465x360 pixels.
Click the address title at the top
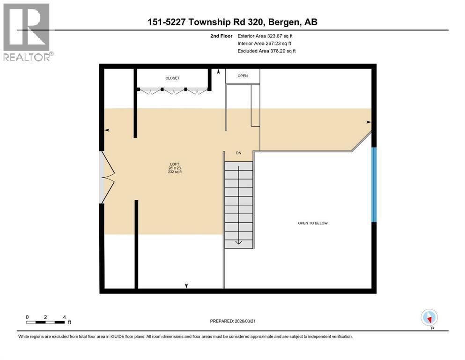(232, 22)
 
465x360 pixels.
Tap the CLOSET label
(172, 78)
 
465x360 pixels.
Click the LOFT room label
(174, 164)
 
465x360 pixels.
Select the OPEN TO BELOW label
(313, 223)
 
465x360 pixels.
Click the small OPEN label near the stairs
(243, 76)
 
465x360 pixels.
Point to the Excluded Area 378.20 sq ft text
(266, 51)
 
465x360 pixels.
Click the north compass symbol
(429, 318)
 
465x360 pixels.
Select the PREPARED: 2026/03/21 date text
(233, 321)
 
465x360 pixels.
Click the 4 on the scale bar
(64, 317)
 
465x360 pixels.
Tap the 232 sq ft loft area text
(174, 172)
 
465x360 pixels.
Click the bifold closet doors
(173, 90)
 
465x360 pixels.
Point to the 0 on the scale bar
(27, 317)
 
